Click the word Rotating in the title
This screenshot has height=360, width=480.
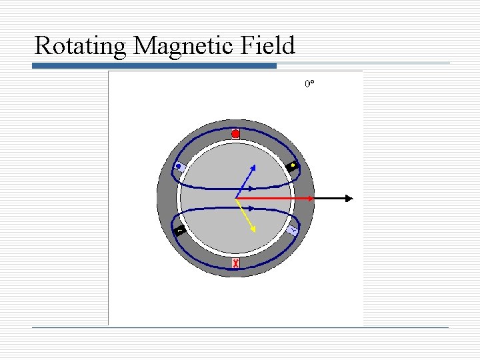point(81,46)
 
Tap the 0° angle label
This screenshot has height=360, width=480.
point(309,85)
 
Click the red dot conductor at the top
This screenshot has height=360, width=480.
point(235,134)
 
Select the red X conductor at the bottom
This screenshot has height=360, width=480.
point(236,263)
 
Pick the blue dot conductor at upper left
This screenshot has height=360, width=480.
point(179,167)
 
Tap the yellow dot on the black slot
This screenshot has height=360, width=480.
point(293,165)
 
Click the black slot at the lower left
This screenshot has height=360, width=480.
point(179,231)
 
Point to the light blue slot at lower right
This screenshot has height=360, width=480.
point(293,229)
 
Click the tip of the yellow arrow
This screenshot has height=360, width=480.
point(255,230)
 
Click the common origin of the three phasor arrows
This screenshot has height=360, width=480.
point(236,198)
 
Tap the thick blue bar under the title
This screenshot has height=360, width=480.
point(155,66)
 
